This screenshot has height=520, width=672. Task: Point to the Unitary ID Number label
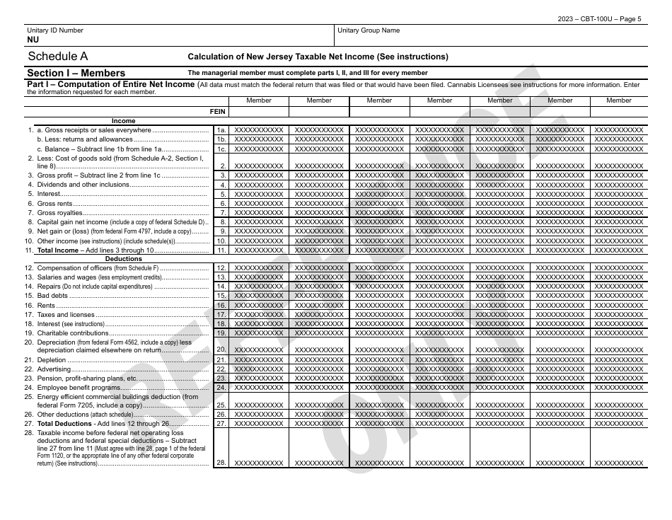[x=54, y=30]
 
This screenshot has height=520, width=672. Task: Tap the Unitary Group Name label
[x=369, y=30]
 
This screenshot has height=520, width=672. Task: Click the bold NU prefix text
[x=33, y=40]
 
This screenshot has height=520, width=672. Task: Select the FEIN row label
[x=217, y=112]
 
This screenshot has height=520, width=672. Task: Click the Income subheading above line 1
[x=124, y=121]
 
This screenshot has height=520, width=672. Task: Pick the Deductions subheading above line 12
[x=124, y=259]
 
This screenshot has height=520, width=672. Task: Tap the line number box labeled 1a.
[x=221, y=130]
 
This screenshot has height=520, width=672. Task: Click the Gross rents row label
[x=55, y=204]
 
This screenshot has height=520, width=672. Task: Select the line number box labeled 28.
[x=221, y=463]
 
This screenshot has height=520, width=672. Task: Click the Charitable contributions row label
[x=73, y=333]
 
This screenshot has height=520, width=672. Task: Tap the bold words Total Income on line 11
[x=58, y=250]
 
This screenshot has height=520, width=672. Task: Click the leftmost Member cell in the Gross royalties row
[x=258, y=213]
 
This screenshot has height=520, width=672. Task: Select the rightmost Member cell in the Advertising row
[x=619, y=369]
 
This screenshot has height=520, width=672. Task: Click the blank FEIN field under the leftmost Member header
[x=258, y=112]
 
